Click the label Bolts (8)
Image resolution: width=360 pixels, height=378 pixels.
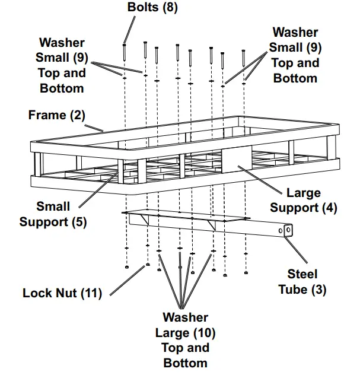pyautogui.click(x=152, y=8)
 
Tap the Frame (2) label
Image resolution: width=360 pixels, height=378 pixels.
pyautogui.click(x=57, y=115)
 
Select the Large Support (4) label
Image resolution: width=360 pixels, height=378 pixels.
pyautogui.click(x=295, y=201)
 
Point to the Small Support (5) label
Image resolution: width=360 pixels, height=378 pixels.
pyautogui.click(x=53, y=214)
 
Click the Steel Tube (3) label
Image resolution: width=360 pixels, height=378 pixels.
pyautogui.click(x=302, y=282)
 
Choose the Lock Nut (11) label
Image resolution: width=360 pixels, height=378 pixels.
pyautogui.click(x=62, y=293)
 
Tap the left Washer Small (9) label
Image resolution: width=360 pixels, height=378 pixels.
pyautogui.click(x=62, y=65)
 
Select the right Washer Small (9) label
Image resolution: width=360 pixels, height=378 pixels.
pyautogui.click(x=295, y=55)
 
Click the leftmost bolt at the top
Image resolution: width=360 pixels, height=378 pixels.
pyautogui.click(x=125, y=52)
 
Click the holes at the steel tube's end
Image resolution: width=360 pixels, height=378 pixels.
pyautogui.click(x=285, y=230)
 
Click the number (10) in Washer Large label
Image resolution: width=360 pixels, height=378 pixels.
pyautogui.click(x=202, y=332)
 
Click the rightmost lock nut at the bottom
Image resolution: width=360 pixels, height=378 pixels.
pyautogui.click(x=246, y=272)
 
